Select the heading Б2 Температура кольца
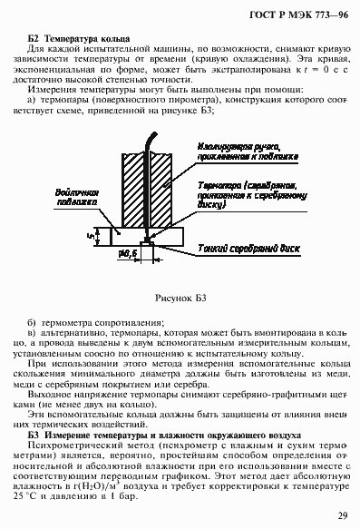click(81, 40)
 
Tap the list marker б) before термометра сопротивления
click(33, 322)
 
